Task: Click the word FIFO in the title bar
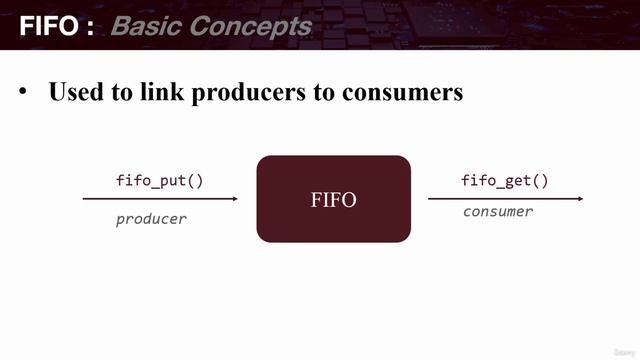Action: click(49, 25)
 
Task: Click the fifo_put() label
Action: click(160, 181)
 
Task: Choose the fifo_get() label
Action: click(505, 181)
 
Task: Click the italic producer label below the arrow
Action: click(151, 218)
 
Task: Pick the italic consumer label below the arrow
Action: click(498, 212)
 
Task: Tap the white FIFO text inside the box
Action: click(333, 200)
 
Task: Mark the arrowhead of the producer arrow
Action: click(235, 199)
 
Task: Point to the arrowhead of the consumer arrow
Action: click(579, 199)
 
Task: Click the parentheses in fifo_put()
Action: click(195, 181)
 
